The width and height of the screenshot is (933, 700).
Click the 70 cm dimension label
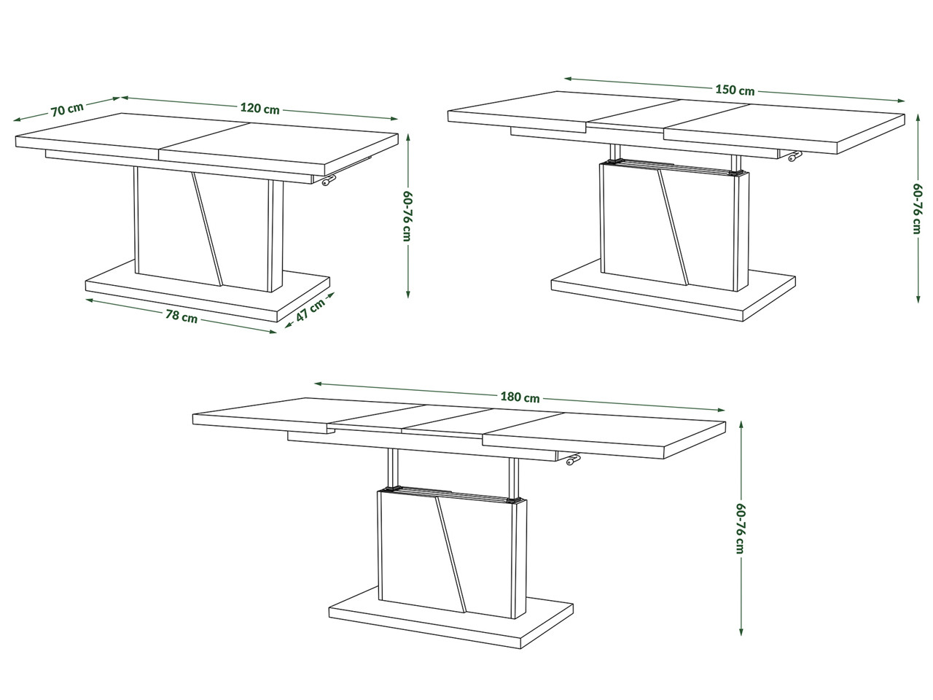point(67,109)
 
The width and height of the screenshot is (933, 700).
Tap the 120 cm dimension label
point(259,109)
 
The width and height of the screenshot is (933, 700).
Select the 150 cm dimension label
point(735,90)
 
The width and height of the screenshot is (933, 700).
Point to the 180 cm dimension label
point(520,397)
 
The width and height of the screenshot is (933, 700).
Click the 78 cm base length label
point(181,316)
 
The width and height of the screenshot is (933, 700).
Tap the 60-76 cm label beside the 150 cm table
point(917,209)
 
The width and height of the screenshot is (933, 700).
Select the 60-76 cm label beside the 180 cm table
point(740,529)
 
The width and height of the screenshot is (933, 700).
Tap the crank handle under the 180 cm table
point(571,459)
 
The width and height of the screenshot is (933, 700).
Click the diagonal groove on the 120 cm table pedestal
point(207,228)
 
